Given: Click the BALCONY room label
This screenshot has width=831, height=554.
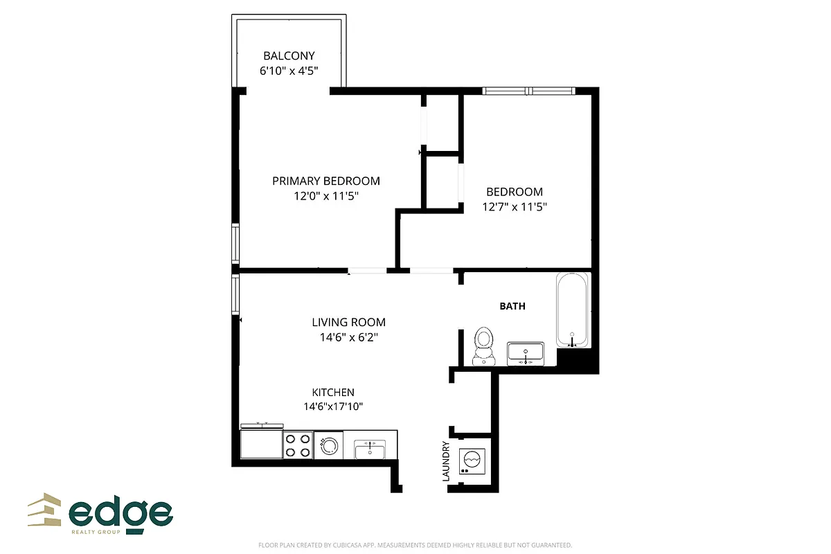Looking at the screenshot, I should (289, 55).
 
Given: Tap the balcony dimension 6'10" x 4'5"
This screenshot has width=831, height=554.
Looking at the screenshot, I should (289, 71).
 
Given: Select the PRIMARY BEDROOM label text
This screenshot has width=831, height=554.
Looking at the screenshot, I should (325, 181).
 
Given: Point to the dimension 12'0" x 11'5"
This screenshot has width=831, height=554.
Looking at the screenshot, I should (325, 196).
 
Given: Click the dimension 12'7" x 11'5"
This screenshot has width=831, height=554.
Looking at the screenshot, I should (514, 206).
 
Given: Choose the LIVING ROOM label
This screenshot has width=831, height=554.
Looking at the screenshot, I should (348, 322).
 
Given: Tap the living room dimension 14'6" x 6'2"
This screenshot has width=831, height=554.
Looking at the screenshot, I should (348, 337).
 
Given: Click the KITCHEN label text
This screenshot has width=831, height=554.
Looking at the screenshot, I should (333, 392).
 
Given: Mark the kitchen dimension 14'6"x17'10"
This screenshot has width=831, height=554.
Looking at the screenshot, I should (333, 406).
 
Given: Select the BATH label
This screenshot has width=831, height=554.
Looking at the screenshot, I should (512, 305).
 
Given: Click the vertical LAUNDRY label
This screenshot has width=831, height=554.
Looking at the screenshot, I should (446, 461).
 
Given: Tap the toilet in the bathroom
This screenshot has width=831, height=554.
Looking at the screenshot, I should (483, 346).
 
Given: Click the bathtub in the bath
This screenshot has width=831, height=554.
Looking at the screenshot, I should (573, 310).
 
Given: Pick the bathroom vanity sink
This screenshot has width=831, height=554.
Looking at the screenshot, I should (526, 354).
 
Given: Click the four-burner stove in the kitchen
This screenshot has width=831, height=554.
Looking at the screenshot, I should (298, 445).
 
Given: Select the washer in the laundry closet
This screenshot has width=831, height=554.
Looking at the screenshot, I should (472, 461).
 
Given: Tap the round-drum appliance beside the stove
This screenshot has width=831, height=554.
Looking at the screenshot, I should (328, 445).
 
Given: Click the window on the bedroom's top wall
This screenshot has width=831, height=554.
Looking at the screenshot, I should (528, 91).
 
